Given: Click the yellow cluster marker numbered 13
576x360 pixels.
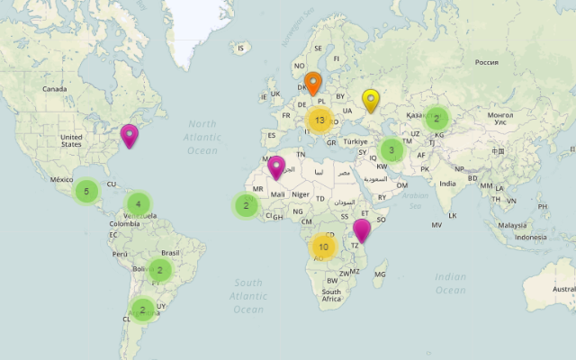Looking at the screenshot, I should point(319,121).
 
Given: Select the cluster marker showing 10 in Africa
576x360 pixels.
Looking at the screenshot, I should point(323,246).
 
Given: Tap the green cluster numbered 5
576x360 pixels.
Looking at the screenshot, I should point(86,191).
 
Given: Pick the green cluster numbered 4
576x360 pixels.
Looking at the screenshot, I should point(139,204).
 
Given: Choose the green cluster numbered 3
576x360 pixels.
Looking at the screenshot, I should point(391,150).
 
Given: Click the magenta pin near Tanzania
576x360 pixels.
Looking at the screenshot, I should point(362,231).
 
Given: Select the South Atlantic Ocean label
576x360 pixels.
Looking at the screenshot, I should point(236,295).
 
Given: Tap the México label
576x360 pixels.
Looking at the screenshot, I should point(61,180).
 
